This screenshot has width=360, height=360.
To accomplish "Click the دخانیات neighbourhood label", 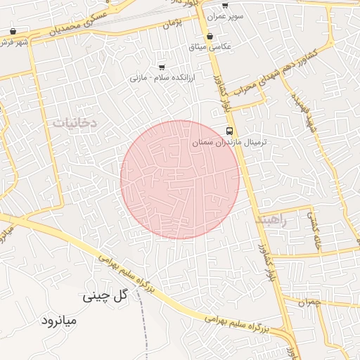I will pos(74,122).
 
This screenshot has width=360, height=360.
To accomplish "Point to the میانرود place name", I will pos(63,321).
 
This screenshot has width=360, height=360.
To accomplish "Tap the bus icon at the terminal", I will pos(230,131).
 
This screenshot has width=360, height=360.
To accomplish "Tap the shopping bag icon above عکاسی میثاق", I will pos(210,36).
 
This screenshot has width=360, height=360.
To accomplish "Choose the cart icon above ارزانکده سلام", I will pos(162,67).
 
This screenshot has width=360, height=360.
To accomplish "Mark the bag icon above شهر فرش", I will pos(14,32).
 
